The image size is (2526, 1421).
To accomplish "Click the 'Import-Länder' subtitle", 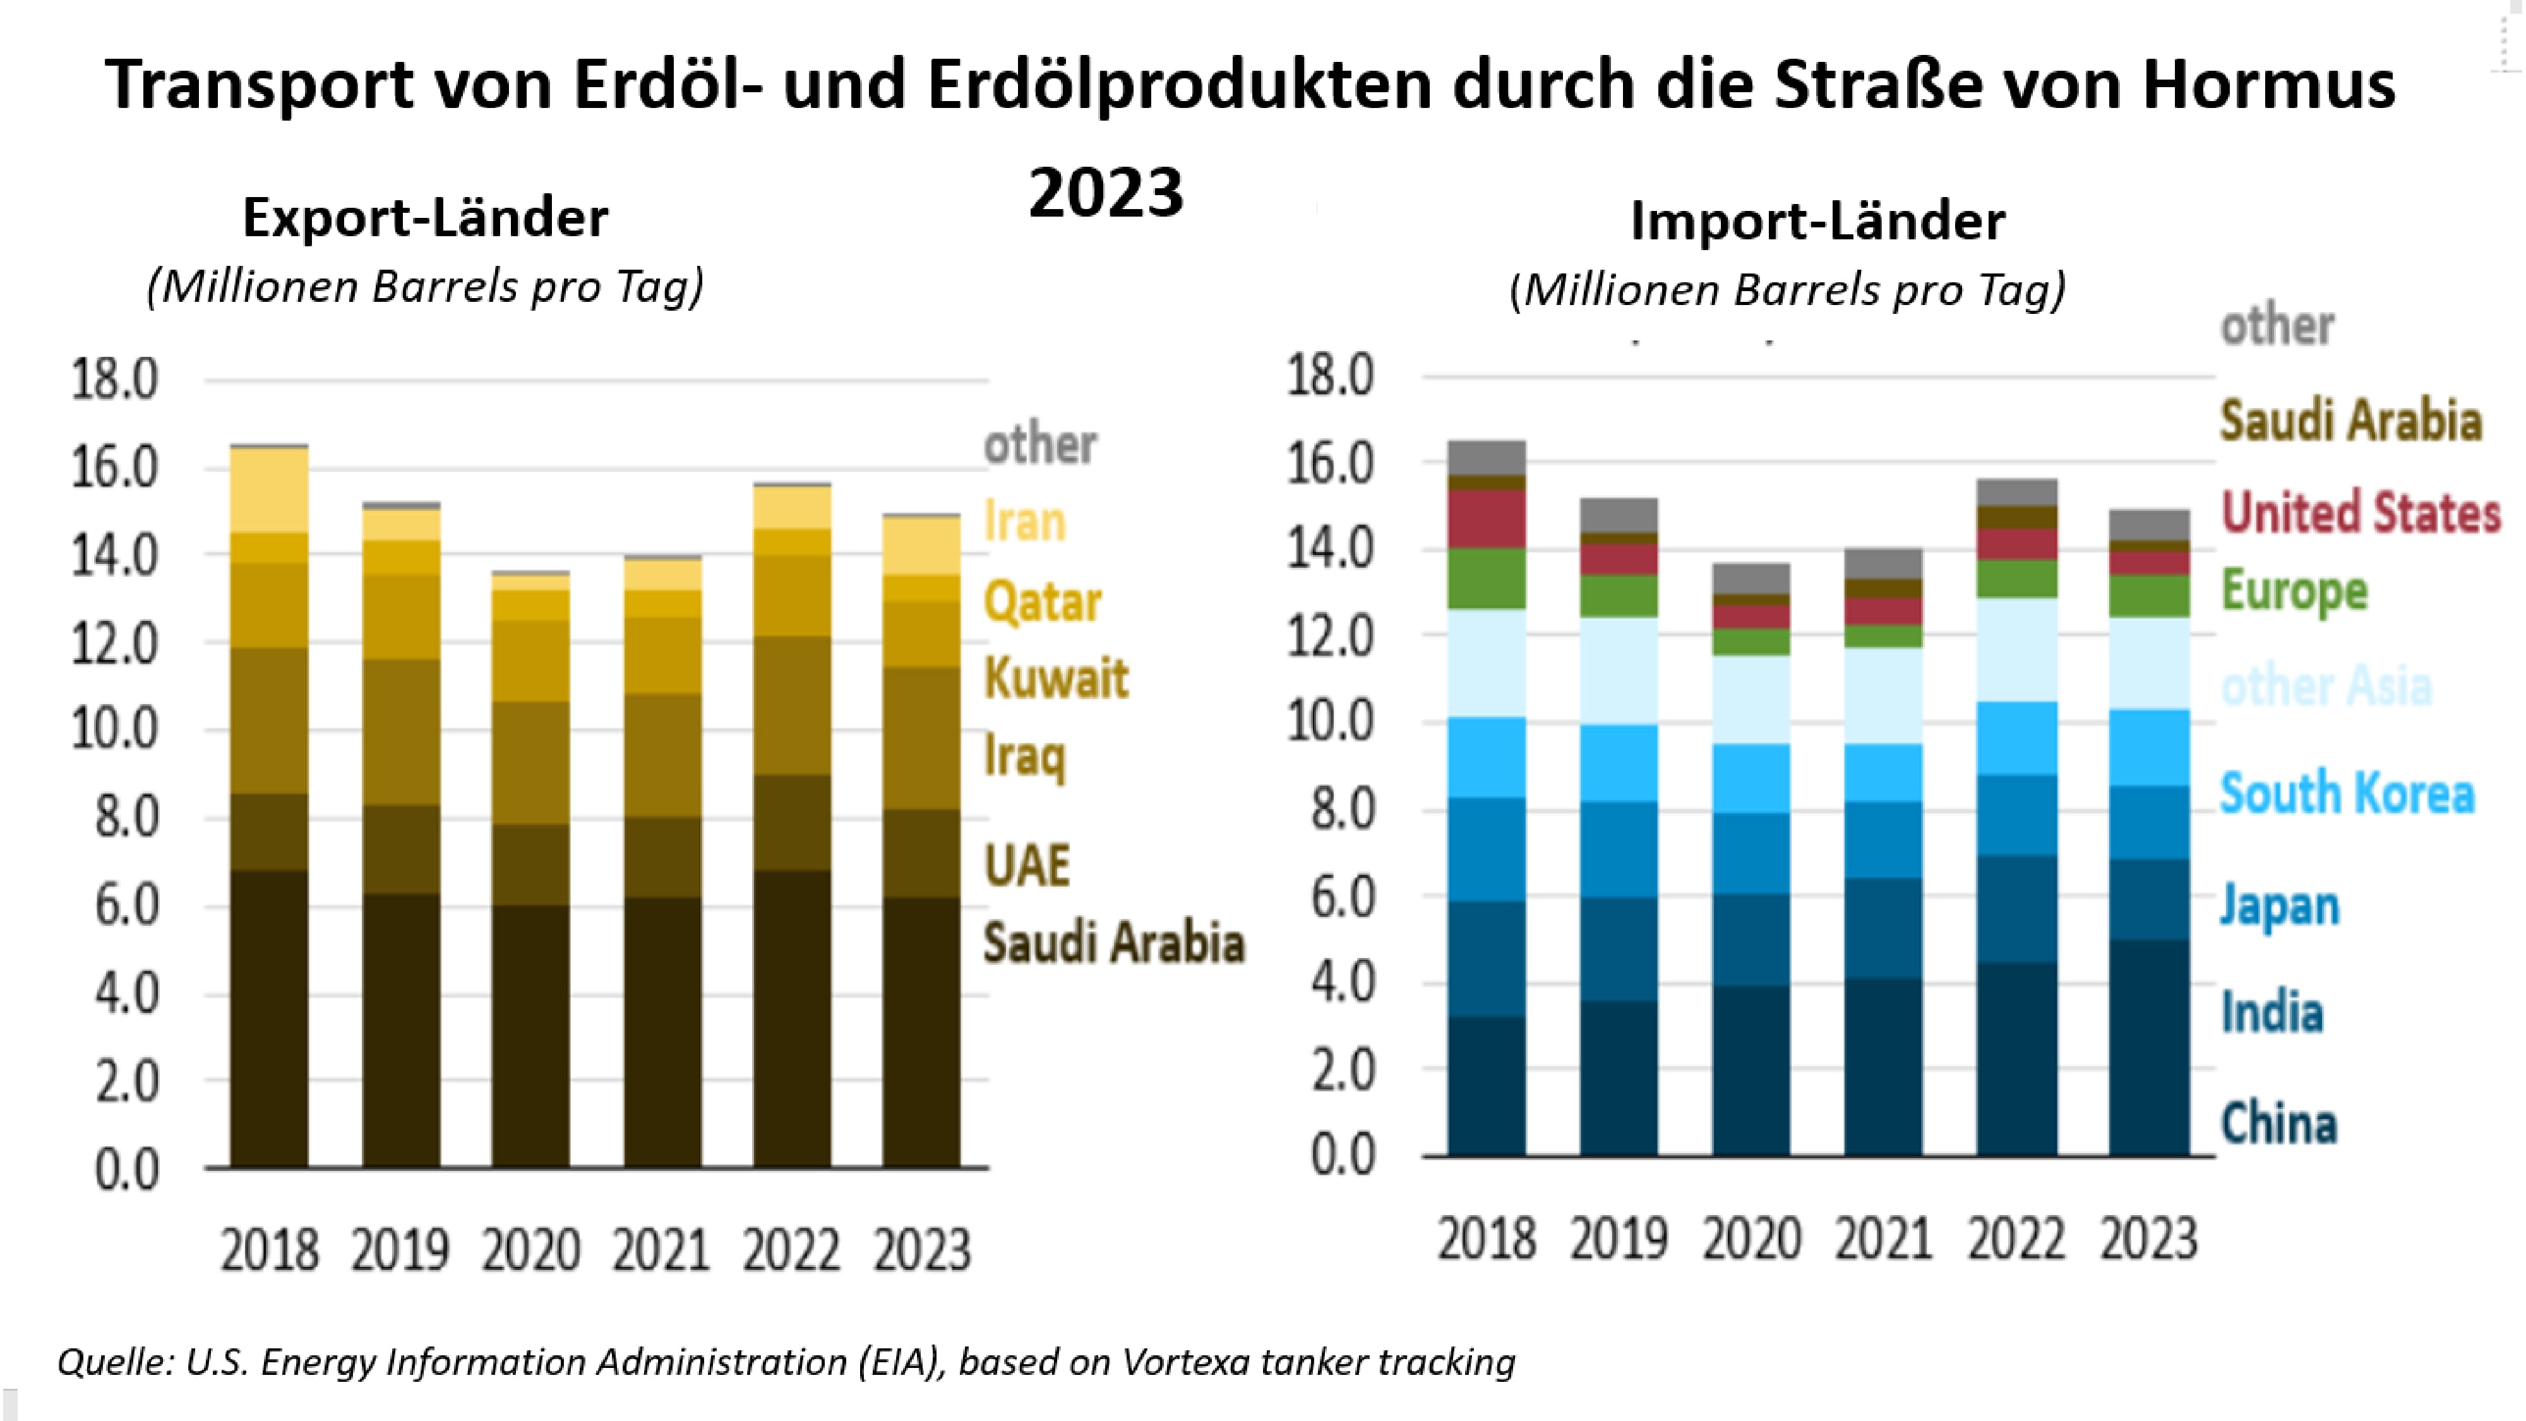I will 1817,220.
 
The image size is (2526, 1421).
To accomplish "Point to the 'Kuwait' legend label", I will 1056,678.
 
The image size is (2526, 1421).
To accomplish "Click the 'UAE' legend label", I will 1027,865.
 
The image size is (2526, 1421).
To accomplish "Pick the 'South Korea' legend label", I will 2347,793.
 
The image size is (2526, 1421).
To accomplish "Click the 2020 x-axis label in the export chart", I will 530,1250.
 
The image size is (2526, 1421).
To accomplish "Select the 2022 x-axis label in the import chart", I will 2016,1238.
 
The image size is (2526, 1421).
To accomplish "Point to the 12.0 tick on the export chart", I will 114,644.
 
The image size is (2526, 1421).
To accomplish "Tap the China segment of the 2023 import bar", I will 2148,1047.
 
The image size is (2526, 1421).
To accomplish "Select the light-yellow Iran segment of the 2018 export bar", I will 268,490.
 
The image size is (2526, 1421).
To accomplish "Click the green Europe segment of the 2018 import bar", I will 1487,579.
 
